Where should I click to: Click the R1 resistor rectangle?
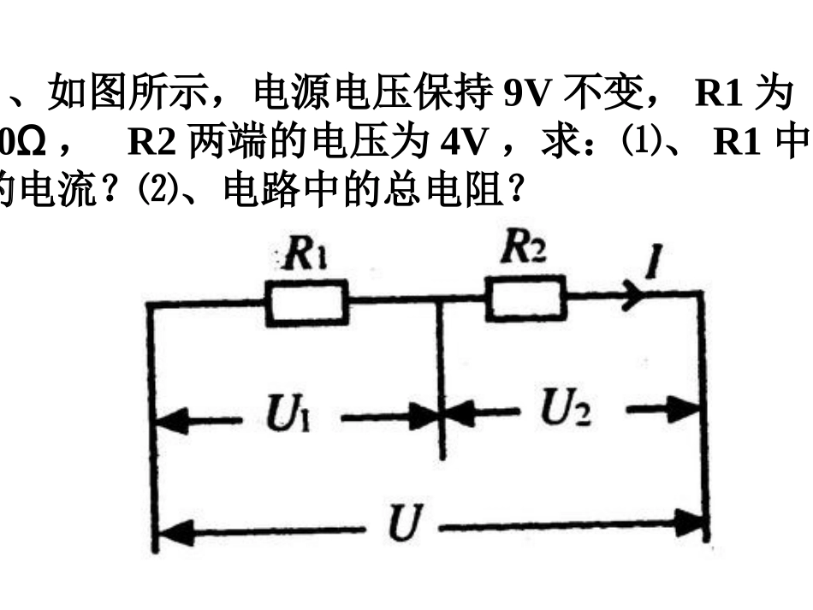pyautogui.click(x=306, y=302)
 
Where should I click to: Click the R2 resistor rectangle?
pyautogui.click(x=525, y=298)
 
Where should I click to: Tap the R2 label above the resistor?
pyautogui.click(x=524, y=249)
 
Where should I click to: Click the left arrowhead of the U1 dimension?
pyautogui.click(x=169, y=420)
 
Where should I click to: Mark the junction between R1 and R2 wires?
pyautogui.click(x=439, y=299)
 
